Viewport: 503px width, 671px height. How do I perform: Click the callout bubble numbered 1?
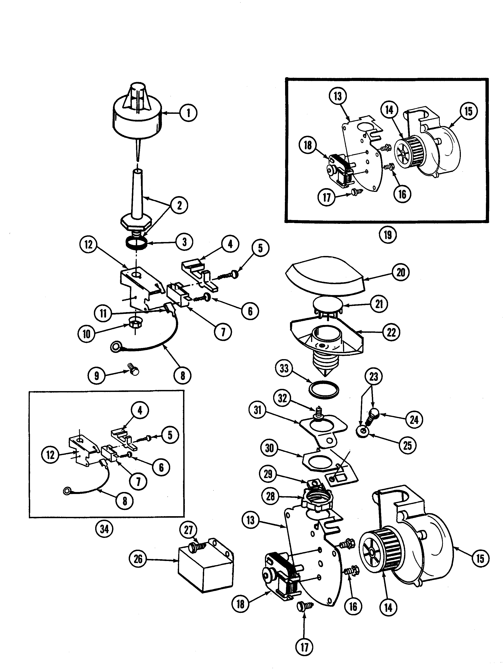[x=188, y=113]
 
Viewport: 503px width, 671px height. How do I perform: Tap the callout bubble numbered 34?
[x=104, y=529]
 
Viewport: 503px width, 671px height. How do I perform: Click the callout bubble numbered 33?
[x=284, y=369]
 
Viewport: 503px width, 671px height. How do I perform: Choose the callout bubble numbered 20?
[x=401, y=272]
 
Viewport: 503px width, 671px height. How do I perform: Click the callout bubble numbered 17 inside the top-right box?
[x=326, y=197]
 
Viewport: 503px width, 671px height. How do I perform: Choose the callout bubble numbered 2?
[x=179, y=205]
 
